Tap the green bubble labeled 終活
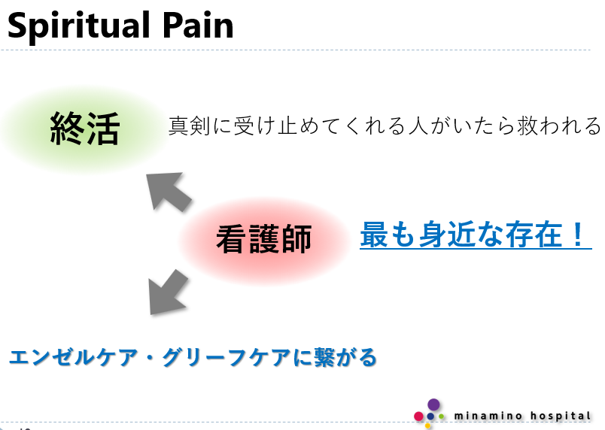pos(84,129)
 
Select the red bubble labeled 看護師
pos(263,240)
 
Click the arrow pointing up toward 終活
pos(167,190)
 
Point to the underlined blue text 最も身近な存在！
pos(475,235)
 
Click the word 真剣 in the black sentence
pos(188,125)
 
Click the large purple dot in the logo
pos(433,404)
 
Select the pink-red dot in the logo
pos(418,416)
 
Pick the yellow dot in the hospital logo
pos(428,425)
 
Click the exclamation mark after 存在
pos(577,235)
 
